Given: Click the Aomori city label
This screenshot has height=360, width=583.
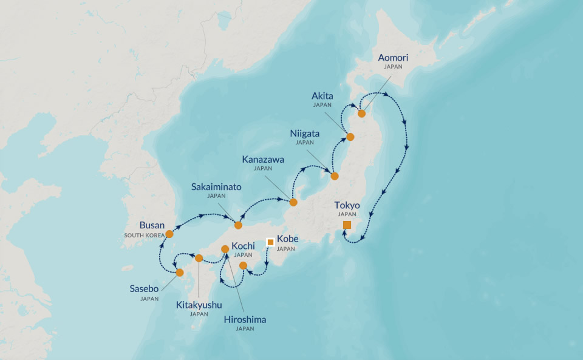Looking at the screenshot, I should tap(393, 58).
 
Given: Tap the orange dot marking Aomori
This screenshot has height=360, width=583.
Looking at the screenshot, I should tap(361, 114).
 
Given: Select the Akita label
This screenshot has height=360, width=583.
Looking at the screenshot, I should tap(322, 96).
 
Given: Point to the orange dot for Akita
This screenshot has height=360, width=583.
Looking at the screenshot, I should tap(350, 137).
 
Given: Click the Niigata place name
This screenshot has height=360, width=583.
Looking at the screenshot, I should tap(305, 134).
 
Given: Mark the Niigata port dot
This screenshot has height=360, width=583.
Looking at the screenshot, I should tap(334, 177).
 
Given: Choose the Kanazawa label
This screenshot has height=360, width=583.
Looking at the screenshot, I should tap(263, 159).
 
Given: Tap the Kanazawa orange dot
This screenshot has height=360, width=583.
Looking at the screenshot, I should tap(293, 202).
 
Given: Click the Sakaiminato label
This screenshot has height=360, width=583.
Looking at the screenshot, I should tap(216, 187).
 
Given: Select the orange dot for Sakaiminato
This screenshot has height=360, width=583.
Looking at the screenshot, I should tap(238, 225).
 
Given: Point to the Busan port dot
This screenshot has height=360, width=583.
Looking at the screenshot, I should tap(169, 234).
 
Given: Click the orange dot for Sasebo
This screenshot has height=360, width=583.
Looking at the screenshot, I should tap(180, 273).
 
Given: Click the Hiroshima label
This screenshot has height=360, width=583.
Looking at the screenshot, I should tap(245, 319).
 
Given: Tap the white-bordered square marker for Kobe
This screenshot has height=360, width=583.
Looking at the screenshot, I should tap(270, 242).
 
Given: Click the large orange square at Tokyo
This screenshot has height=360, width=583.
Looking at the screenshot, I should tap(347, 225).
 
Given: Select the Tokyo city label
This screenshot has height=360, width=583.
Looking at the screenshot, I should tap(347, 205).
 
